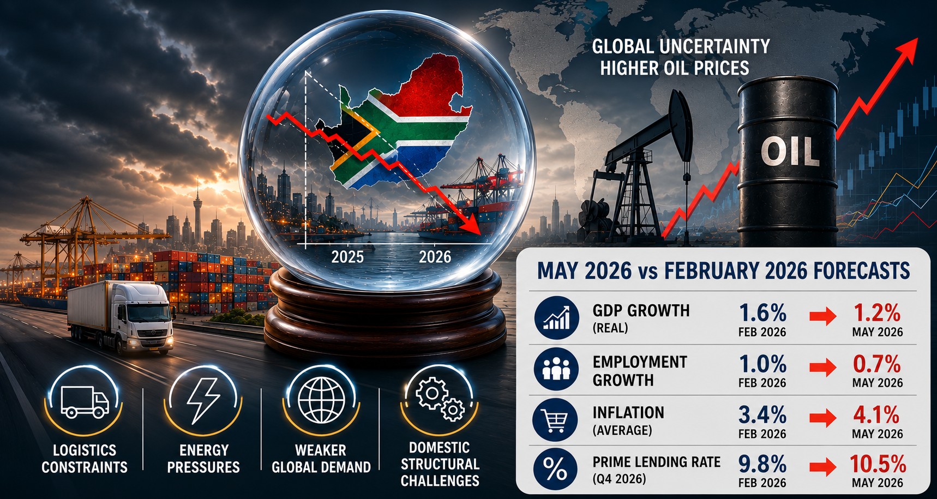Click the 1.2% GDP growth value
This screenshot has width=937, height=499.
[x=877, y=313]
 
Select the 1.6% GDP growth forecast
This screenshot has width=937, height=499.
[x=762, y=313]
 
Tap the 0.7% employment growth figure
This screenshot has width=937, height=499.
[x=877, y=364]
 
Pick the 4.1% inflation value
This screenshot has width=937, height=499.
[x=876, y=416]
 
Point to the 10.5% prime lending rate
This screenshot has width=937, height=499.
[x=878, y=464]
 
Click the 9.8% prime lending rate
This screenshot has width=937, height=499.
[x=762, y=464]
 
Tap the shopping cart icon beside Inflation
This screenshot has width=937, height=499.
[x=556, y=420]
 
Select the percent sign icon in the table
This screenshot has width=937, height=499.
[x=556, y=469]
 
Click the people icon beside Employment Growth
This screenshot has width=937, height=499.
[x=556, y=369]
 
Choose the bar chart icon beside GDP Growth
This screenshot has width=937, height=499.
[x=556, y=318]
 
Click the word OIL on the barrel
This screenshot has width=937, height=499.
[x=790, y=151]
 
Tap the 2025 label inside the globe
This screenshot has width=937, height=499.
[x=347, y=256]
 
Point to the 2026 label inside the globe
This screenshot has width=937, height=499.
[x=435, y=256]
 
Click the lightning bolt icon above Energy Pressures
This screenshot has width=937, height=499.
[x=203, y=400]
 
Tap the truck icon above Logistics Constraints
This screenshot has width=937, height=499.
[x=85, y=402]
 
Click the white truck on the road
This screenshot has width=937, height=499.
[x=121, y=316]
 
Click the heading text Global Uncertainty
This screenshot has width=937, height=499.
[x=681, y=46]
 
